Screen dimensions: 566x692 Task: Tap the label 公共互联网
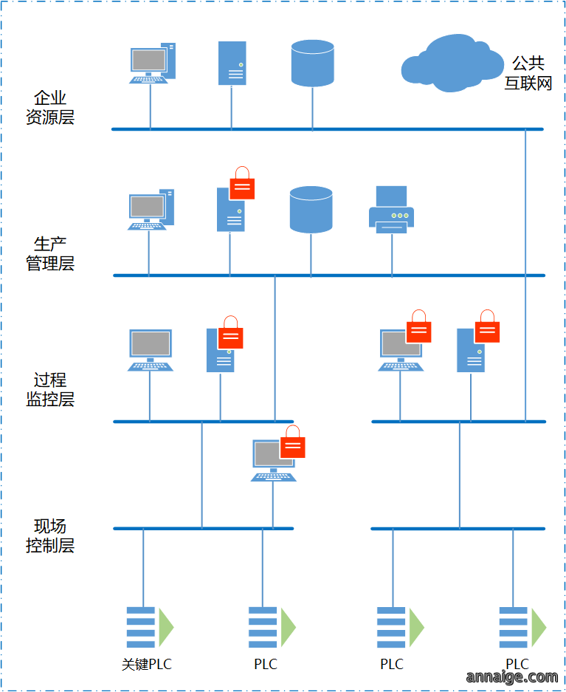(x=528, y=73)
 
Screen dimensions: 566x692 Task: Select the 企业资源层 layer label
(x=50, y=107)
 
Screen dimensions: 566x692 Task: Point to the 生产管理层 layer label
(x=50, y=254)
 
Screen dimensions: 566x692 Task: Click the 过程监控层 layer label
(x=50, y=389)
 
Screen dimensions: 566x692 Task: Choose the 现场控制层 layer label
(x=50, y=535)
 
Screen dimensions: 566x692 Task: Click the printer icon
(x=391, y=210)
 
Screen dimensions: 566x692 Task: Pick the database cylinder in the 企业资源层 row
(x=313, y=63)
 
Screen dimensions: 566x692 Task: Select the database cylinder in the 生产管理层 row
(x=311, y=210)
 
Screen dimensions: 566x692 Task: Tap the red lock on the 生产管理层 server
(x=243, y=183)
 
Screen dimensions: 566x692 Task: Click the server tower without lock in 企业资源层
(x=232, y=63)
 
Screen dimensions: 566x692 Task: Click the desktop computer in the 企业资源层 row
(x=153, y=63)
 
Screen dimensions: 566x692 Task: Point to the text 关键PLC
(x=147, y=664)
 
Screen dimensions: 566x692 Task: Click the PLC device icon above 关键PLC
(x=150, y=627)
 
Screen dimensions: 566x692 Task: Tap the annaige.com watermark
(x=512, y=676)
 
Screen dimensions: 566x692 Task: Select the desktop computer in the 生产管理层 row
(x=151, y=210)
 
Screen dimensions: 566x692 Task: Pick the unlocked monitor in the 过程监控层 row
(x=151, y=350)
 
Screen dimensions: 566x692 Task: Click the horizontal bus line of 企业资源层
(x=328, y=129)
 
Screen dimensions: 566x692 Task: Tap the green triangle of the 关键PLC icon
(x=166, y=627)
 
